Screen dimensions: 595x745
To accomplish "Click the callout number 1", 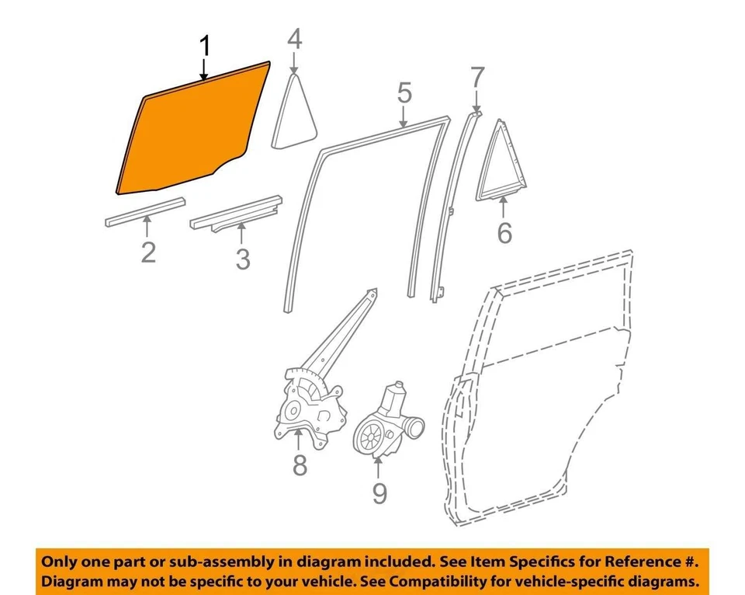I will click(205, 48).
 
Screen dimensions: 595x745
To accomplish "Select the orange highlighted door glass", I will click(194, 132).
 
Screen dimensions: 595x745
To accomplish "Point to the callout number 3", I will click(243, 259).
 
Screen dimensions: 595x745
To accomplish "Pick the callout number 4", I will click(294, 40).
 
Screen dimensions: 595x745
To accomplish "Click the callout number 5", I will click(404, 94).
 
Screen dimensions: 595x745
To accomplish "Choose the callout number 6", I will click(504, 232).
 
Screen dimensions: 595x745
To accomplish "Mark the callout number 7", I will click(476, 78).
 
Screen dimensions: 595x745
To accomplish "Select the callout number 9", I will click(379, 492).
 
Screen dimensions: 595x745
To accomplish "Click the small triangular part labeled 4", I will click(296, 113).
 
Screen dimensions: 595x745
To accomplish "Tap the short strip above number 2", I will click(145, 212).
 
